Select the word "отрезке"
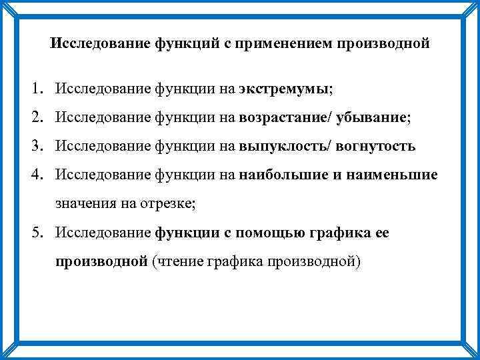[167, 205]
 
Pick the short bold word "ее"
[383, 233]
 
